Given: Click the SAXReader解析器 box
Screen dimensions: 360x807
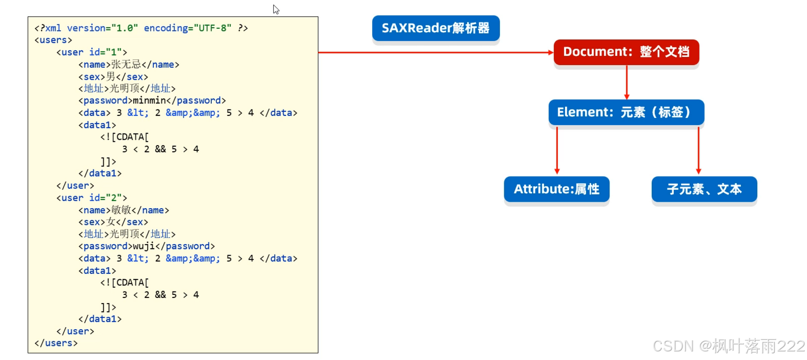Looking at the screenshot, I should click(x=436, y=28).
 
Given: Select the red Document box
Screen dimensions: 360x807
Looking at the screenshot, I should click(x=626, y=52).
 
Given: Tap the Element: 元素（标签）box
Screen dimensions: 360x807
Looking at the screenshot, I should click(x=626, y=112).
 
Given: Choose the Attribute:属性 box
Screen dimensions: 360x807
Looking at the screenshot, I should click(x=556, y=189).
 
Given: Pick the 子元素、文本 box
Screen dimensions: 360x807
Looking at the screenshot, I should click(x=704, y=189).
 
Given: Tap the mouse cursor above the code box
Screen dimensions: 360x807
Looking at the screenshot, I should click(x=276, y=9).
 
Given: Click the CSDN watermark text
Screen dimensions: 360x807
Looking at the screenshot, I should click(x=728, y=346).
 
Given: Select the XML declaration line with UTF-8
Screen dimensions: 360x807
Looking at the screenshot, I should click(x=141, y=28).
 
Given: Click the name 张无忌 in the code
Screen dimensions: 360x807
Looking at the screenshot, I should click(x=126, y=65).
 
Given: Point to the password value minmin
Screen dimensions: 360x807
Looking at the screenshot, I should click(x=149, y=101).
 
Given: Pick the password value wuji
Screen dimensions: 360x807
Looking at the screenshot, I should click(x=144, y=246).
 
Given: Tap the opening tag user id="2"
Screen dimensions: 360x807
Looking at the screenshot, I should click(x=92, y=198).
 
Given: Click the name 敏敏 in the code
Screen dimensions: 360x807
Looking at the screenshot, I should click(x=121, y=210).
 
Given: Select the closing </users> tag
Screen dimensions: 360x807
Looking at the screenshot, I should click(x=56, y=343).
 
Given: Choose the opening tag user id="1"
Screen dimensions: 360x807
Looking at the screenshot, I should click(x=92, y=52).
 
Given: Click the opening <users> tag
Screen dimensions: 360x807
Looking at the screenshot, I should click(x=53, y=40).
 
